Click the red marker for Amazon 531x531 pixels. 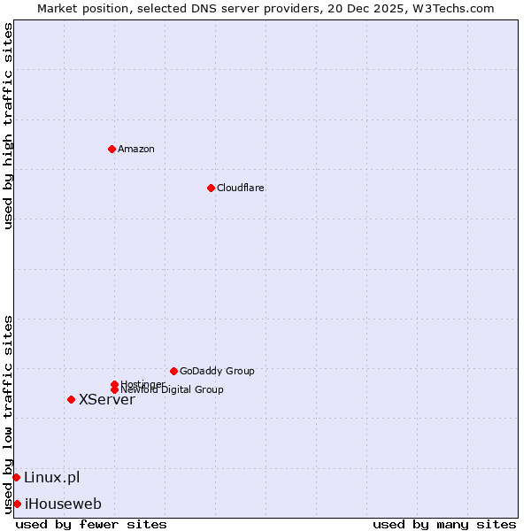(x=112, y=149)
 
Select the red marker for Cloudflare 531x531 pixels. (x=211, y=188)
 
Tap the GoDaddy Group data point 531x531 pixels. (x=173, y=371)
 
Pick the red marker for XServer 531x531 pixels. (x=71, y=399)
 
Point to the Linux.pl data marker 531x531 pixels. (x=16, y=478)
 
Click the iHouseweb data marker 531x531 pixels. (x=17, y=504)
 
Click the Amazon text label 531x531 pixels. (x=136, y=149)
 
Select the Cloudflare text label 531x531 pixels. (x=241, y=188)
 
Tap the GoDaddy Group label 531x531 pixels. (x=217, y=371)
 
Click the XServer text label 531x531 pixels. (x=107, y=399)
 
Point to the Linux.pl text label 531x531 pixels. (x=51, y=478)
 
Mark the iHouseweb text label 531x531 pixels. (x=63, y=504)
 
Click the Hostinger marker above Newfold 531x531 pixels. (x=114, y=384)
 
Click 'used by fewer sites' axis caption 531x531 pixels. (x=91, y=524)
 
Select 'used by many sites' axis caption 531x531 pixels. (x=444, y=524)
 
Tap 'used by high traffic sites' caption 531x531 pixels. (x=9, y=126)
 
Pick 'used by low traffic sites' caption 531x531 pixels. (x=9, y=413)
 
